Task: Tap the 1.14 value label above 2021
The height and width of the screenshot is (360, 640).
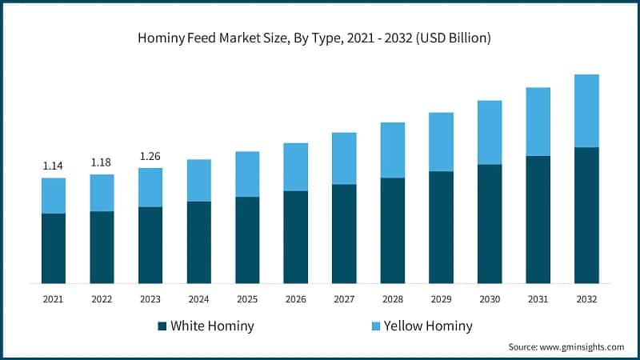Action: point(53,166)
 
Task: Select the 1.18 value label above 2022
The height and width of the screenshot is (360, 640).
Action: point(101,162)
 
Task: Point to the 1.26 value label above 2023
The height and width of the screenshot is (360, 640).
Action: point(150,156)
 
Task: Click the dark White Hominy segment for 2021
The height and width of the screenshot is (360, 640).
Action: point(54,248)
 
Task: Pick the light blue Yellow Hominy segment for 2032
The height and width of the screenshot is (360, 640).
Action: point(586,110)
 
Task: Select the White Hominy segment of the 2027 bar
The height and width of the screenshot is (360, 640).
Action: point(344,234)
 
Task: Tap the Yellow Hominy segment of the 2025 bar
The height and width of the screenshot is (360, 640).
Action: point(247,174)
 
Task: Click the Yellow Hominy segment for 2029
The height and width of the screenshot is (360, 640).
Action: point(441,142)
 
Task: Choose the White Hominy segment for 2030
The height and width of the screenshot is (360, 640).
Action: point(490,223)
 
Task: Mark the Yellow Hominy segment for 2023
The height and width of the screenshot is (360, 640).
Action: point(150,187)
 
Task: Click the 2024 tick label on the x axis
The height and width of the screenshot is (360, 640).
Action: point(198,298)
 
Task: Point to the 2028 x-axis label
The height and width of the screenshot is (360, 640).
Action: point(392,298)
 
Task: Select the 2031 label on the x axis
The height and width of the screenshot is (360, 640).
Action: point(538,298)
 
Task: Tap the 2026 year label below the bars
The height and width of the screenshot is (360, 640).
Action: point(295,298)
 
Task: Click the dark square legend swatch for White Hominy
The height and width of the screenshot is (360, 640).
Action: point(163,326)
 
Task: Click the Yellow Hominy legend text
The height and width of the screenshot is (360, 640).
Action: point(428,326)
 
